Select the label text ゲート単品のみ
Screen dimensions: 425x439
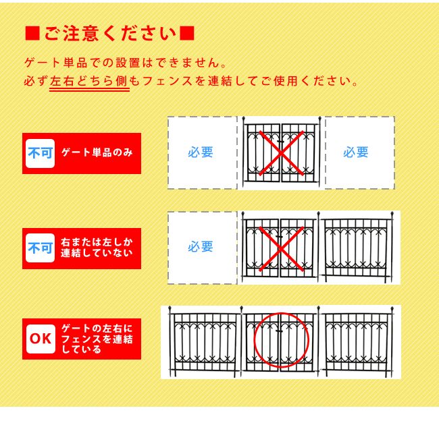pyautogui.click(x=97, y=153)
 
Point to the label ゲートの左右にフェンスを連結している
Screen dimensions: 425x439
pyautogui.click(x=97, y=339)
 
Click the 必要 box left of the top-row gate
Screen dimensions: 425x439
pyautogui.click(x=201, y=152)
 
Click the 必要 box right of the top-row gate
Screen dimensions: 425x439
pyautogui.click(x=356, y=152)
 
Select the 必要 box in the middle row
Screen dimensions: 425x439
pyautogui.click(x=201, y=247)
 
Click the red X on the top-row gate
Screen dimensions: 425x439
pyautogui.click(x=280, y=153)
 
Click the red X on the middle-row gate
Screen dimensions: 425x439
pyautogui.click(x=280, y=248)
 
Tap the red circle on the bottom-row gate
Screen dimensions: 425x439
pyautogui.click(x=281, y=339)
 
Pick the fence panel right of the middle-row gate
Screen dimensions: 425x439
pyautogui.click(x=357, y=246)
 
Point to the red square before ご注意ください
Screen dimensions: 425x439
pyautogui.click(x=31, y=33)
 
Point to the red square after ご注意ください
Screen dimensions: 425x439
pyautogui.click(x=189, y=33)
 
